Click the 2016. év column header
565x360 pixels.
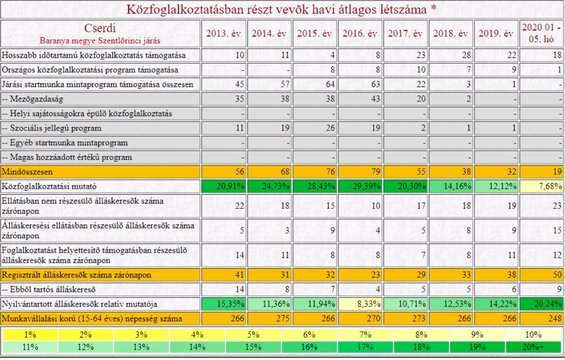(360, 34)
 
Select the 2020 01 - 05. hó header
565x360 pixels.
(541, 33)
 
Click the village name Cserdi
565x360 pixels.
(100, 28)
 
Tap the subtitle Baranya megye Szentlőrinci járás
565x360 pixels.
(100, 41)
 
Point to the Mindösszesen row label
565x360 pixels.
(27, 172)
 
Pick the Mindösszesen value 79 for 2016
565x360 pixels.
(375, 172)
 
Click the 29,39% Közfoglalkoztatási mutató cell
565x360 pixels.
(360, 187)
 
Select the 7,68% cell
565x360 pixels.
(541, 187)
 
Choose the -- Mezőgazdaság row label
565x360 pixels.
(33, 99)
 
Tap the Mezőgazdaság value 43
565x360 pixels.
(375, 99)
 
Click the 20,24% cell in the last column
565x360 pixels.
(541, 304)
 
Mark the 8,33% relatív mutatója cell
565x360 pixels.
(360, 304)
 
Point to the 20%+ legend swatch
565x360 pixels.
(534, 347)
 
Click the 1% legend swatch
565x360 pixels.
(30, 335)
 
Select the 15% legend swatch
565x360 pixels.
(253, 347)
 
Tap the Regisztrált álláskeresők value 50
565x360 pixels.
(557, 275)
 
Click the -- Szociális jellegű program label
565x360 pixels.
(52, 128)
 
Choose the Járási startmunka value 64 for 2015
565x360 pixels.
(330, 84)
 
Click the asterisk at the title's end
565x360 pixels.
(433, 7)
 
